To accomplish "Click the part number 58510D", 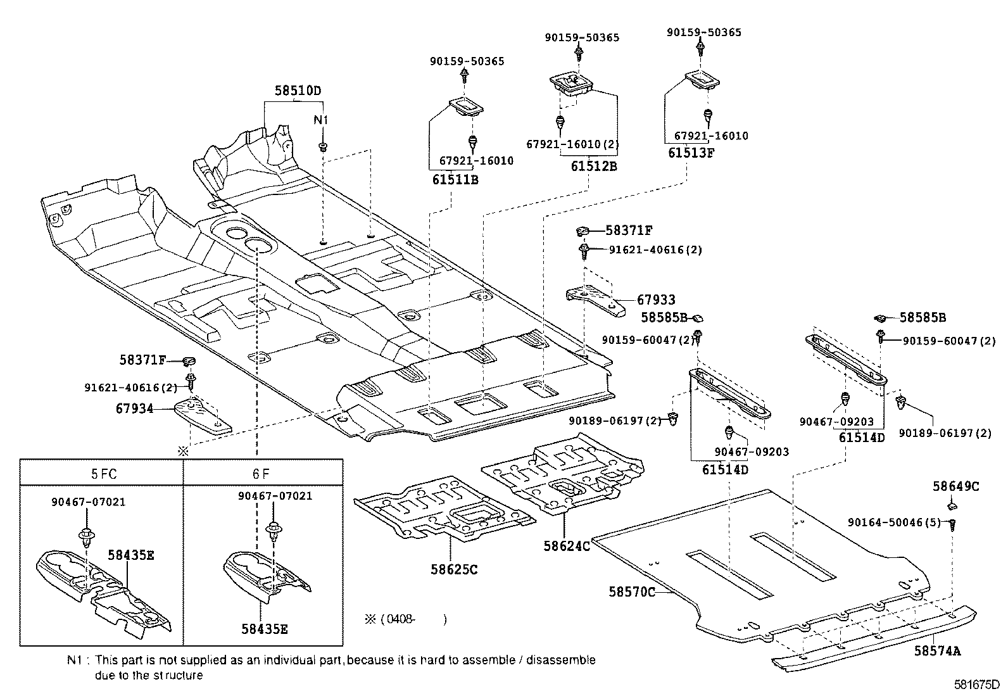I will (x=298, y=91).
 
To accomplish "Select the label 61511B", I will (x=455, y=179).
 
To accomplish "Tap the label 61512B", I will (x=593, y=167).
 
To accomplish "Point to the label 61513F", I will (x=691, y=153).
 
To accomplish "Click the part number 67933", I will (x=656, y=300).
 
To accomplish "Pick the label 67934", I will (x=134, y=409).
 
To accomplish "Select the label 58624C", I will (x=566, y=545).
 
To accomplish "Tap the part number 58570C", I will (x=632, y=592).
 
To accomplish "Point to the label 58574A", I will (x=937, y=650).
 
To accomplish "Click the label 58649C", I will (x=955, y=486).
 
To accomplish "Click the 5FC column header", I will (x=104, y=473).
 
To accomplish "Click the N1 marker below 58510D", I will (x=322, y=120).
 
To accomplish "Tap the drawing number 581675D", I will (x=977, y=685).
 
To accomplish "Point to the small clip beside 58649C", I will (x=952, y=505).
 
